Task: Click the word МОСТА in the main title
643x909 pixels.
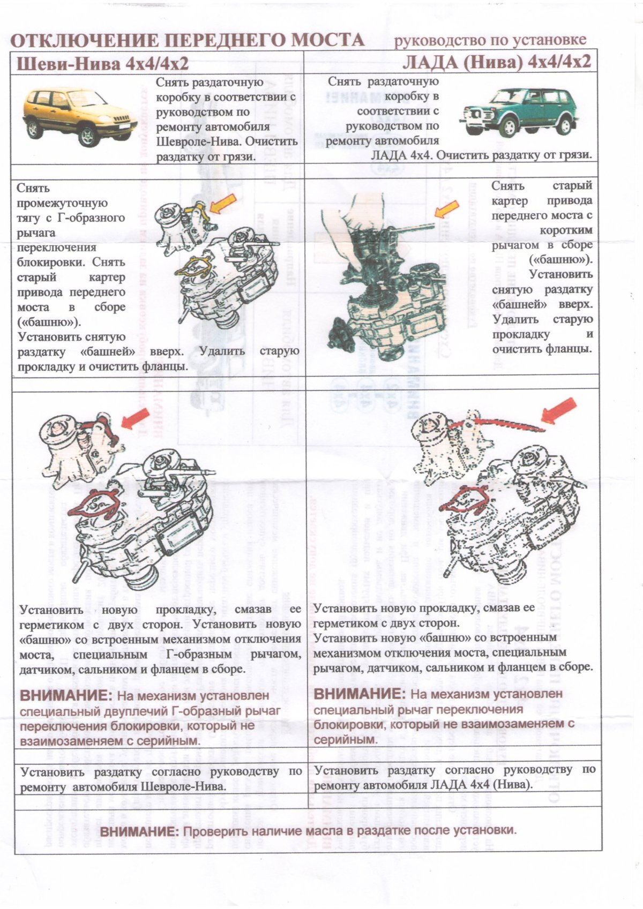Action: [321, 40]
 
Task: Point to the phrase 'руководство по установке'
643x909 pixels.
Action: [490, 40]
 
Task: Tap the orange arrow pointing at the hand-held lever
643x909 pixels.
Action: [447, 208]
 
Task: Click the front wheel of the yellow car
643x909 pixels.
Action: [87, 137]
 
